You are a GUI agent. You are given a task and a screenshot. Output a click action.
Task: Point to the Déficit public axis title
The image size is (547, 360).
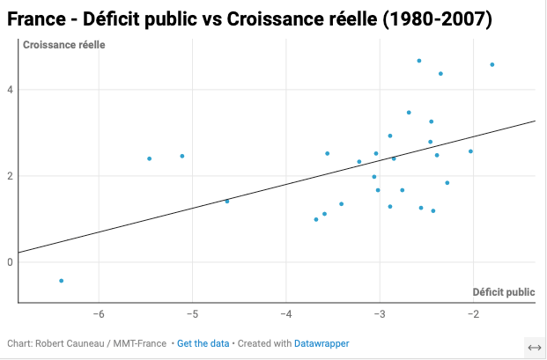(x=503, y=292)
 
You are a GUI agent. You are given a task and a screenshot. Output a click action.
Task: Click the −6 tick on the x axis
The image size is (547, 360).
(x=98, y=314)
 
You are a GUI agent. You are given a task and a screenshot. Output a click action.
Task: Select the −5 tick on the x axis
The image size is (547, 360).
(x=192, y=314)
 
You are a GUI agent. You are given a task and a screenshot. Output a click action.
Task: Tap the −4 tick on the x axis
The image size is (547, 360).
(x=285, y=314)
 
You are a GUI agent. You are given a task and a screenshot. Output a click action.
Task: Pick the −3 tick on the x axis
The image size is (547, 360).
(x=379, y=314)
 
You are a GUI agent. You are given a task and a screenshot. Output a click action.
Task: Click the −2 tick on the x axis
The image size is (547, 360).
(x=472, y=314)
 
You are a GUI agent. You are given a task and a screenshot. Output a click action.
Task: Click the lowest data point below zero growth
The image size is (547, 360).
(x=61, y=281)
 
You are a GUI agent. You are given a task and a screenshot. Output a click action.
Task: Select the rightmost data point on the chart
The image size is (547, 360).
(x=492, y=64)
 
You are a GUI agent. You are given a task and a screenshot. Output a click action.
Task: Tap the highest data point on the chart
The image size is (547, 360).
(x=419, y=61)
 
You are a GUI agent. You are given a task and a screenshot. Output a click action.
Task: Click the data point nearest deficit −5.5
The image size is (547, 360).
(x=150, y=158)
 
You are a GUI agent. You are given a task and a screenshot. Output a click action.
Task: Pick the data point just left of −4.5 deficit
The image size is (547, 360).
(x=227, y=202)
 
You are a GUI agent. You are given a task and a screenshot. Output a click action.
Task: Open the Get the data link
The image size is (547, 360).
(x=202, y=342)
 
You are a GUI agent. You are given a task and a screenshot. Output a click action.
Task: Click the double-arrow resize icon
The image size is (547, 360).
(x=535, y=348)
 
